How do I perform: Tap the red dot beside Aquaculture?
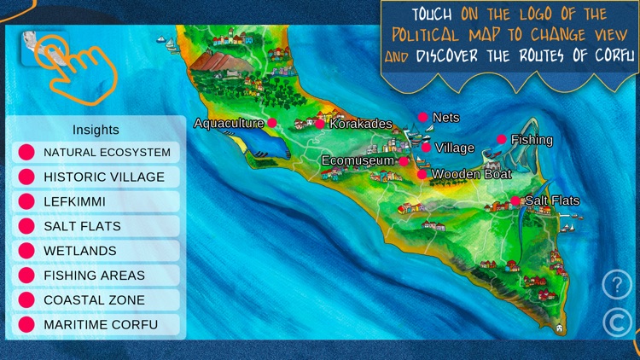click(x=272, y=123)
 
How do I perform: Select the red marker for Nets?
click(x=422, y=117)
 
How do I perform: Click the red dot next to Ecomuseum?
click(x=404, y=160)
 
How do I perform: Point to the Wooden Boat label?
click(x=472, y=174)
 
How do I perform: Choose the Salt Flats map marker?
click(x=515, y=201)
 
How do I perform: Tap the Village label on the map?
click(x=454, y=148)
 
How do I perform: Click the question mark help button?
click(x=617, y=283)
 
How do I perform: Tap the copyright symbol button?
click(x=617, y=322)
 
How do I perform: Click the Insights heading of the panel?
click(x=96, y=130)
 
